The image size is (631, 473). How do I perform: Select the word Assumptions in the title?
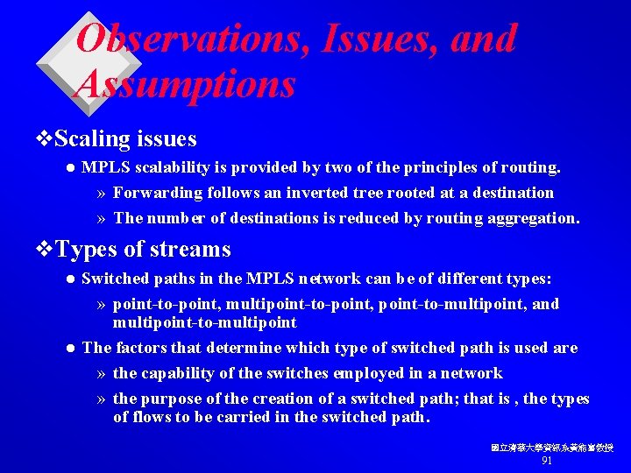pos(187,85)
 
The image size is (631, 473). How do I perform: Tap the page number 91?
pos(547,461)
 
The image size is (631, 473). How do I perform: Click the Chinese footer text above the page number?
pos(551,448)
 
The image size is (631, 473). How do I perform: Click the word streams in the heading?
pos(189,250)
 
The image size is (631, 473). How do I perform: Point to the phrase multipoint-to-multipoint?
pos(205,321)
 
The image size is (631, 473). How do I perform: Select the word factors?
pos(139,348)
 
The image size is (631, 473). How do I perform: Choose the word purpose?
pos(175,399)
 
